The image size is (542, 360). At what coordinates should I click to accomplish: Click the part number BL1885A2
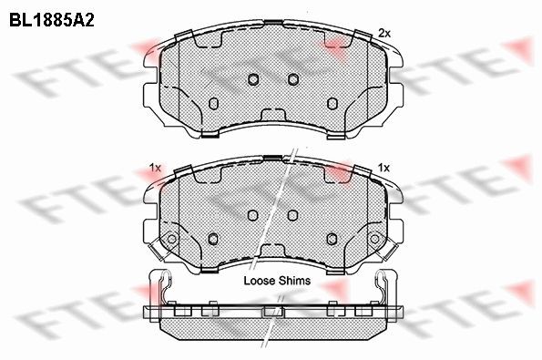(x=52, y=20)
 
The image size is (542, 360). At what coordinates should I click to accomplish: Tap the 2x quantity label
(x=384, y=33)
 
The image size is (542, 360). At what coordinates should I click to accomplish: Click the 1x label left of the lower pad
(x=155, y=168)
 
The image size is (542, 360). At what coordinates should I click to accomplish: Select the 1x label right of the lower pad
(x=383, y=168)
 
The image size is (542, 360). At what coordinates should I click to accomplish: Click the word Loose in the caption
(x=260, y=281)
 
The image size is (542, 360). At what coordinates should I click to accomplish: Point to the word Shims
(x=295, y=281)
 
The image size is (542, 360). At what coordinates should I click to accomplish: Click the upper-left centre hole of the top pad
(x=253, y=79)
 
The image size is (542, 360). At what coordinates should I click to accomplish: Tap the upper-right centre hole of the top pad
(x=293, y=79)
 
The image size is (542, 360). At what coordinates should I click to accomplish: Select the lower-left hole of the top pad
(x=214, y=103)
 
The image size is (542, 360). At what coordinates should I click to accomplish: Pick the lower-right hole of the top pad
(x=332, y=103)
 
